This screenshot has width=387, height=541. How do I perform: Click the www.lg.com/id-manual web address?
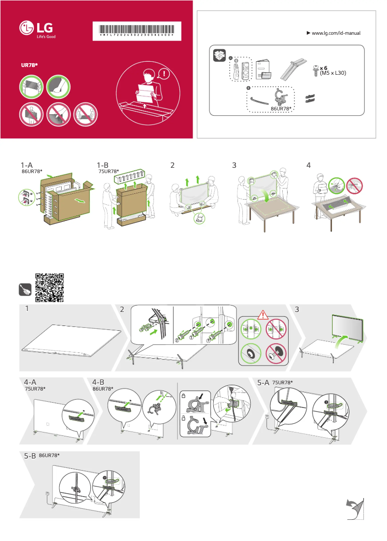point(336,33)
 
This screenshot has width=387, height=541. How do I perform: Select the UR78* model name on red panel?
point(29,64)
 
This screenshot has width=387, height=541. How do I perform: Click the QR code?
point(50,288)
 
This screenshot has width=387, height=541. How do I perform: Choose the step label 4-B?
point(99,382)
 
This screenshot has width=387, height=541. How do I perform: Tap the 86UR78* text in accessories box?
point(282,109)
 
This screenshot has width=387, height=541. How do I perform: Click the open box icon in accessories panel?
point(220,55)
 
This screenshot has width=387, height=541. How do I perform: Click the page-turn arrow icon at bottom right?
point(355,509)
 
